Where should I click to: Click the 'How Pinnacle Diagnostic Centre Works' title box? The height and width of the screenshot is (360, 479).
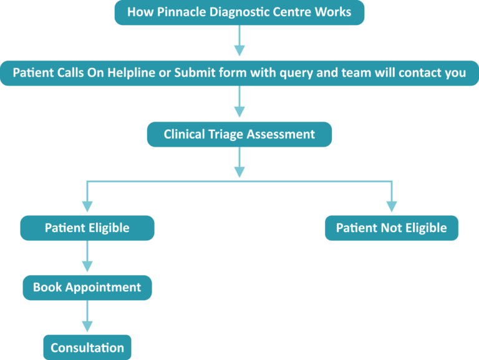(239, 12)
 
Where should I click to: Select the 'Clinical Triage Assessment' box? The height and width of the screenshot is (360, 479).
(239, 134)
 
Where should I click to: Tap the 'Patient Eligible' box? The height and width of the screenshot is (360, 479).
(87, 228)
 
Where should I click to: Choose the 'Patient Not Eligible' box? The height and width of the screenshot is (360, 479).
(391, 228)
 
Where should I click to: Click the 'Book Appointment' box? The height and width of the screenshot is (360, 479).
(87, 287)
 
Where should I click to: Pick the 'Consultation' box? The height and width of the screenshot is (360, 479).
(87, 348)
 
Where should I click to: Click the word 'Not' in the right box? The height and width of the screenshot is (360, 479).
(391, 228)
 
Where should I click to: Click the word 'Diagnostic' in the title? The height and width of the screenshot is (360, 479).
(233, 12)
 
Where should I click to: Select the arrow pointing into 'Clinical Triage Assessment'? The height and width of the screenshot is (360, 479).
(239, 103)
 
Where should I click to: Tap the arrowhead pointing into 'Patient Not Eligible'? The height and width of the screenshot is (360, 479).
(391, 207)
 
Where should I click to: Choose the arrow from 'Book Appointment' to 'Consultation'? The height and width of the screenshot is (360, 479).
(87, 317)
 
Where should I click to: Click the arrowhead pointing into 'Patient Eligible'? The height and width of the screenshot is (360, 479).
(87, 207)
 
